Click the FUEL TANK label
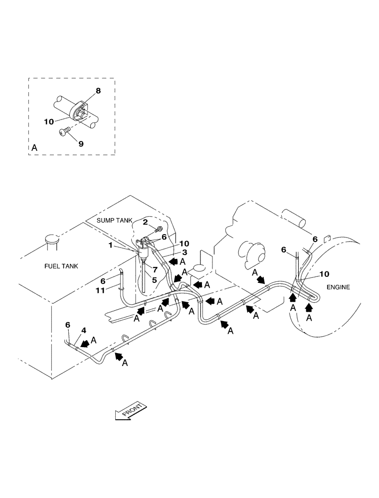point(62,267)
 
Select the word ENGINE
point(338,287)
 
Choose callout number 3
point(170,252)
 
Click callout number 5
point(155,280)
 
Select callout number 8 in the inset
point(98,91)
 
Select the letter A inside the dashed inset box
point(34,148)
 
